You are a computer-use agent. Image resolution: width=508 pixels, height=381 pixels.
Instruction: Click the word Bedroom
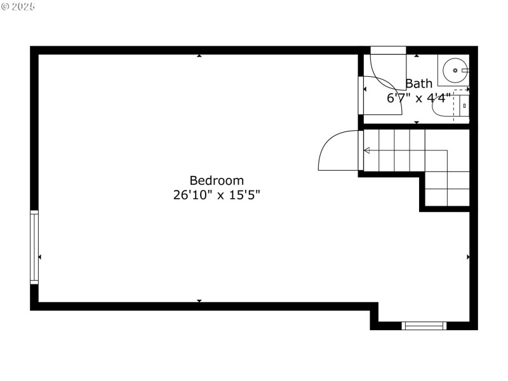pos(217,180)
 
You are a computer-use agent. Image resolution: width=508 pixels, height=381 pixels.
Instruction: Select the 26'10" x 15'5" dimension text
pos(217,195)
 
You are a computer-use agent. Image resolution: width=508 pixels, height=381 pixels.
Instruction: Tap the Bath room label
pos(419,83)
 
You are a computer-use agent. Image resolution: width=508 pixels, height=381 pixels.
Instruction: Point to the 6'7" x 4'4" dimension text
pos(419,98)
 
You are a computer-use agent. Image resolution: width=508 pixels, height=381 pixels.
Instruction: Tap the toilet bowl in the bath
pos(443,108)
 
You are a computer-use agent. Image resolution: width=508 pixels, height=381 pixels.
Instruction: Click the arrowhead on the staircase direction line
pos(367,150)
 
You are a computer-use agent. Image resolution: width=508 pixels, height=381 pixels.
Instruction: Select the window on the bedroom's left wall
pos(34,246)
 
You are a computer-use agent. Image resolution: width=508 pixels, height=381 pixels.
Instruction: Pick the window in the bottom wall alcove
pos(424,326)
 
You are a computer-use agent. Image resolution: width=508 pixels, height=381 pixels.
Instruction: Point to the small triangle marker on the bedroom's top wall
pos(199,56)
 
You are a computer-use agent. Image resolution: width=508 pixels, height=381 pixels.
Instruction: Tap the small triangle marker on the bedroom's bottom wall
pos(199,300)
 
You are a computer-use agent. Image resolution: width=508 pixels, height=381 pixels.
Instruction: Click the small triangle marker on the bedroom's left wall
pos(40,257)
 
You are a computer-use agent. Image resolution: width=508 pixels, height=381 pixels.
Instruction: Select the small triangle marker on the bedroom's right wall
pos(468,257)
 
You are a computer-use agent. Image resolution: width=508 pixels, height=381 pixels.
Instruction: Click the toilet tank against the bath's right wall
pos(464,107)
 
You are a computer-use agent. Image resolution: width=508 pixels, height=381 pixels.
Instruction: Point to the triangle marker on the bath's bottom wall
pos(417,121)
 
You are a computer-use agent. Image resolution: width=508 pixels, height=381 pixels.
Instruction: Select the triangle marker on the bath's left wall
pos(364,90)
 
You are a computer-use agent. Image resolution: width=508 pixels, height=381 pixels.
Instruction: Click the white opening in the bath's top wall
pos(388,50)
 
